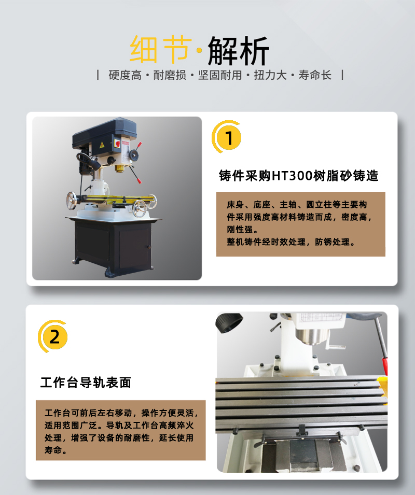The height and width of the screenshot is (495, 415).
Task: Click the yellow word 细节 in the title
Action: pos(161,49)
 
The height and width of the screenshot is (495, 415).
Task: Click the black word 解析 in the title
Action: pos(238,50)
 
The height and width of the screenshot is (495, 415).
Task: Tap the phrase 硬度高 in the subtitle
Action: pos(125,76)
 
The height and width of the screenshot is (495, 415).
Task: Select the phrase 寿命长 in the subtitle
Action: pos(315,76)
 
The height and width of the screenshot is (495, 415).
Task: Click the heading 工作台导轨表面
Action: pos(86,383)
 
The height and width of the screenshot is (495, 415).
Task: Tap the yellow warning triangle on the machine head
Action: pos(102,145)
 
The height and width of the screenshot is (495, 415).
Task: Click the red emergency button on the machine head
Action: pos(117,144)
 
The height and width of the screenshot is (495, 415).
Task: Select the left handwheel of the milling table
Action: pos(72,201)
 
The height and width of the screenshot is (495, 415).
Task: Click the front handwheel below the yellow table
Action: pos(139,208)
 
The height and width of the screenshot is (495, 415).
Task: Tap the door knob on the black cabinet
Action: pos(149,247)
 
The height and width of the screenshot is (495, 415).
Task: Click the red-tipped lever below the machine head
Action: pos(135,174)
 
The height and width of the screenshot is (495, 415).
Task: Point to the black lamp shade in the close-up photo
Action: pos(229,322)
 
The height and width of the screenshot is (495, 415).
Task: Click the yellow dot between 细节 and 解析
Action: pos(199,50)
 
